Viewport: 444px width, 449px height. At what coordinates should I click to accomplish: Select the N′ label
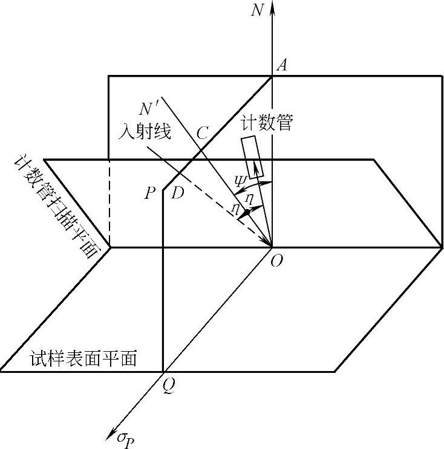pyautogui.click(x=149, y=110)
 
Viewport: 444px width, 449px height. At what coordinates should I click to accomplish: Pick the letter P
pyautogui.click(x=150, y=193)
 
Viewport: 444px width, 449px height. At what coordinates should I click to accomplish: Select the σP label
pyautogui.click(x=126, y=436)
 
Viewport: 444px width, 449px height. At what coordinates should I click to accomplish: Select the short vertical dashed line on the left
pyautogui.click(x=109, y=202)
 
